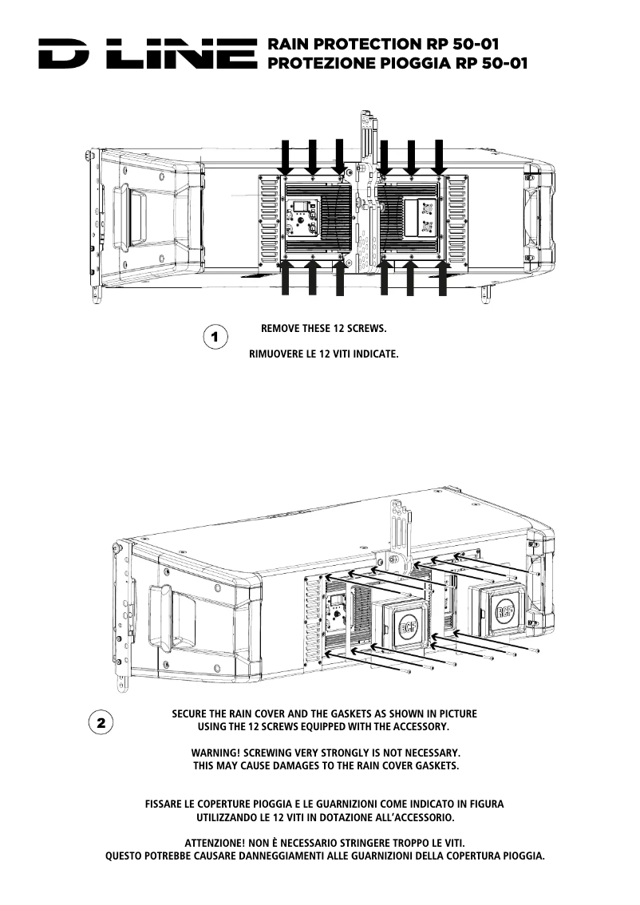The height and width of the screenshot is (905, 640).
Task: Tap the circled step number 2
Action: coord(100,723)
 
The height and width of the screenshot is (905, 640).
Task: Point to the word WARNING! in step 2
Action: coord(215,753)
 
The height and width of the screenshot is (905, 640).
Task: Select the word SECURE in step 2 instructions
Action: coord(192,713)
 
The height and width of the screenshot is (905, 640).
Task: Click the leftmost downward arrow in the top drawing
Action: coord(286,156)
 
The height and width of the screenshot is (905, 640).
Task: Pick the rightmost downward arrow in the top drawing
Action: coord(438,156)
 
